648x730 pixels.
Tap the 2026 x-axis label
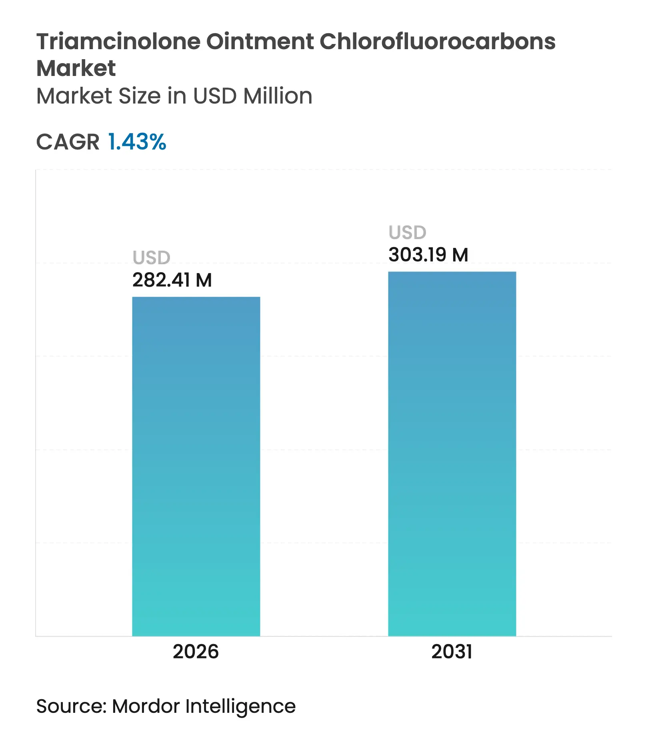pyautogui.click(x=196, y=651)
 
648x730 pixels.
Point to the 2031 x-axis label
pyautogui.click(x=452, y=651)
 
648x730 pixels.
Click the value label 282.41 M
pyautogui.click(x=172, y=280)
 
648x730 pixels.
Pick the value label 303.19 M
pyautogui.click(x=428, y=255)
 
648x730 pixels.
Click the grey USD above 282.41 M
pyautogui.click(x=151, y=257)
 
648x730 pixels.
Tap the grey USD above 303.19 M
pyautogui.click(x=407, y=232)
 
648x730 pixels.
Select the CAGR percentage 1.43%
pyautogui.click(x=137, y=142)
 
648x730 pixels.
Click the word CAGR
pyautogui.click(x=68, y=142)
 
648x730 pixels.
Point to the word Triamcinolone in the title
pyautogui.click(x=118, y=42)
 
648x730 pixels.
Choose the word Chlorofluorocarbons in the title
pyautogui.click(x=438, y=42)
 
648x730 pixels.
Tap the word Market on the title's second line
pyautogui.click(x=76, y=68)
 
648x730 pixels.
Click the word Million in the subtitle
pyautogui.click(x=278, y=96)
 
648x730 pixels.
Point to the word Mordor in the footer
pyautogui.click(x=146, y=706)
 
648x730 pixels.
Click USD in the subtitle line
pyautogui.click(x=214, y=96)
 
